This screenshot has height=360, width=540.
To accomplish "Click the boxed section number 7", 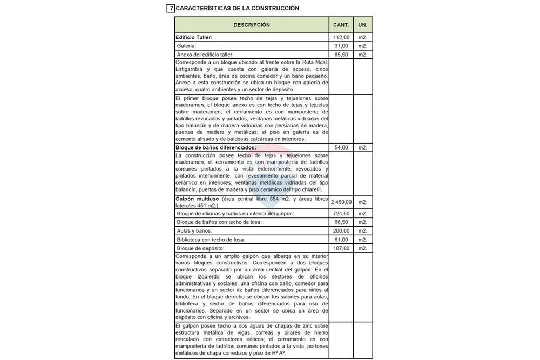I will [171, 8].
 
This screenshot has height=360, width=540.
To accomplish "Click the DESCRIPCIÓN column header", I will [252, 25].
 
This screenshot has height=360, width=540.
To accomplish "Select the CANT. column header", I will [341, 25].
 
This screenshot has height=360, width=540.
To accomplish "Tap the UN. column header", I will [363, 25].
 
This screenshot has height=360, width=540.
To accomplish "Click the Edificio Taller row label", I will [194, 37].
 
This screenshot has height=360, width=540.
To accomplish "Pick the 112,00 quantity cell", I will [342, 37].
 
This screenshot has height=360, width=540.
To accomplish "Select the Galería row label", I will [186, 46].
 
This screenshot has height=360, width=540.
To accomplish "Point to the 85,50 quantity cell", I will [343, 55].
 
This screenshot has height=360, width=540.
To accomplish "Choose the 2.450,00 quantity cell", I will [341, 202].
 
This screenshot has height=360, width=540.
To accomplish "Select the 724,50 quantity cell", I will [342, 214].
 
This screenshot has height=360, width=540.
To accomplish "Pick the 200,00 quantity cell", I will [342, 231].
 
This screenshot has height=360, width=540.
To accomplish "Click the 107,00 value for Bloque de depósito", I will [342, 248].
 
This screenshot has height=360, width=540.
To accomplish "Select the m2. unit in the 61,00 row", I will [363, 240].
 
